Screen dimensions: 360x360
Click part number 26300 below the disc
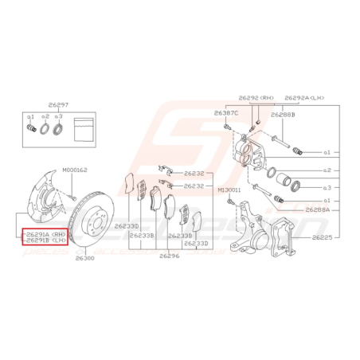point(84,258)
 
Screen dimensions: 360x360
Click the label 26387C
point(225,114)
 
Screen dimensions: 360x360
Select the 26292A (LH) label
point(302,97)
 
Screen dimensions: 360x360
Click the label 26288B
point(283,114)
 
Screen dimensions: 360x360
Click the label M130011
point(229,190)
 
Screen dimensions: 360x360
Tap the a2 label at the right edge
point(327,170)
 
